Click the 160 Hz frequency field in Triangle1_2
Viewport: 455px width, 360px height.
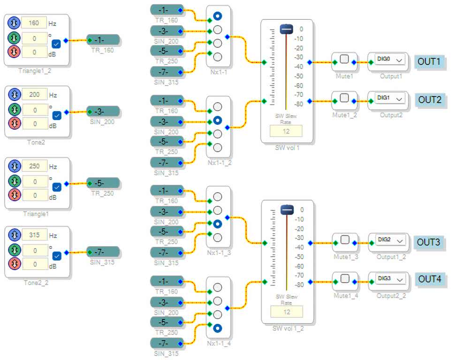pos(34,23)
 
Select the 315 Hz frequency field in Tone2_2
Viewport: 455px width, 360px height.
pos(34,235)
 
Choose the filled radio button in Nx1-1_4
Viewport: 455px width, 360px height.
pos(218,328)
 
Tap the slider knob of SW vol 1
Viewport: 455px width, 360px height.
pos(286,29)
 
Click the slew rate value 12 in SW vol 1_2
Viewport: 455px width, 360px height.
pos(286,311)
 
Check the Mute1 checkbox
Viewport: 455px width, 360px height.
pos(344,59)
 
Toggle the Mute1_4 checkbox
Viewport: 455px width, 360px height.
pos(345,278)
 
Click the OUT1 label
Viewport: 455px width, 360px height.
pos(429,61)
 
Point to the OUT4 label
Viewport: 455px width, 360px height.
pos(429,279)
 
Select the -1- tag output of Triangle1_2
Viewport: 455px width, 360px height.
pos(103,40)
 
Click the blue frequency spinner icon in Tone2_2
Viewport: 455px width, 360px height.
pos(15,235)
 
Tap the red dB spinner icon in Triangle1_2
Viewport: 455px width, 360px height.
pos(15,51)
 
